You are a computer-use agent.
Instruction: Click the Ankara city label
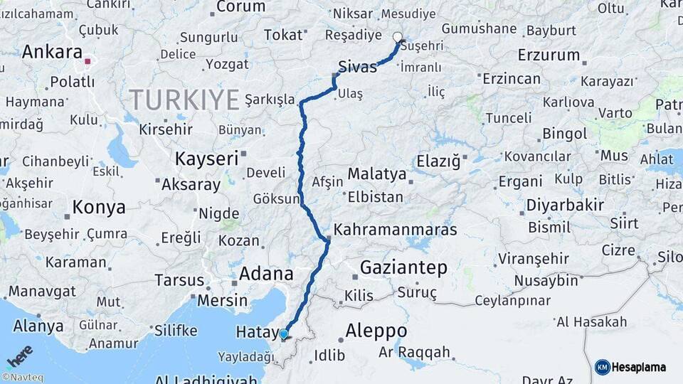pos(53,52)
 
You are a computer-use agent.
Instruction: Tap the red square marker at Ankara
pos(88,62)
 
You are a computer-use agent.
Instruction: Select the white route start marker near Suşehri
pos(397,38)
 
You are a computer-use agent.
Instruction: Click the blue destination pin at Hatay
pos(284,334)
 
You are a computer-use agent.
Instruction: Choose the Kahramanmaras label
pos(395,230)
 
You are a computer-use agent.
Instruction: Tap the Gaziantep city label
pos(403,268)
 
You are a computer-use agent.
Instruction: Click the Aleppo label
pos(376,331)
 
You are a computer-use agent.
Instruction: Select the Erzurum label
pos(549,55)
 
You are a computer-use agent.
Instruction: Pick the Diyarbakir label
pos(565,206)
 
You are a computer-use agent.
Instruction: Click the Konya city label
pos(99,207)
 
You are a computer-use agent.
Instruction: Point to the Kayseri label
pos(206,158)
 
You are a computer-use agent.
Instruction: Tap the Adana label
pos(266,273)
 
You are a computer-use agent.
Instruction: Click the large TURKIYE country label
pos(184,100)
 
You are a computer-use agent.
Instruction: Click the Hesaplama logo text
pos(639,367)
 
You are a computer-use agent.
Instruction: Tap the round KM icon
pos(602,367)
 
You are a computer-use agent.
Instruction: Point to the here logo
pos(20,355)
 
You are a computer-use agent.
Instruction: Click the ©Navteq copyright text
pos(22,378)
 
